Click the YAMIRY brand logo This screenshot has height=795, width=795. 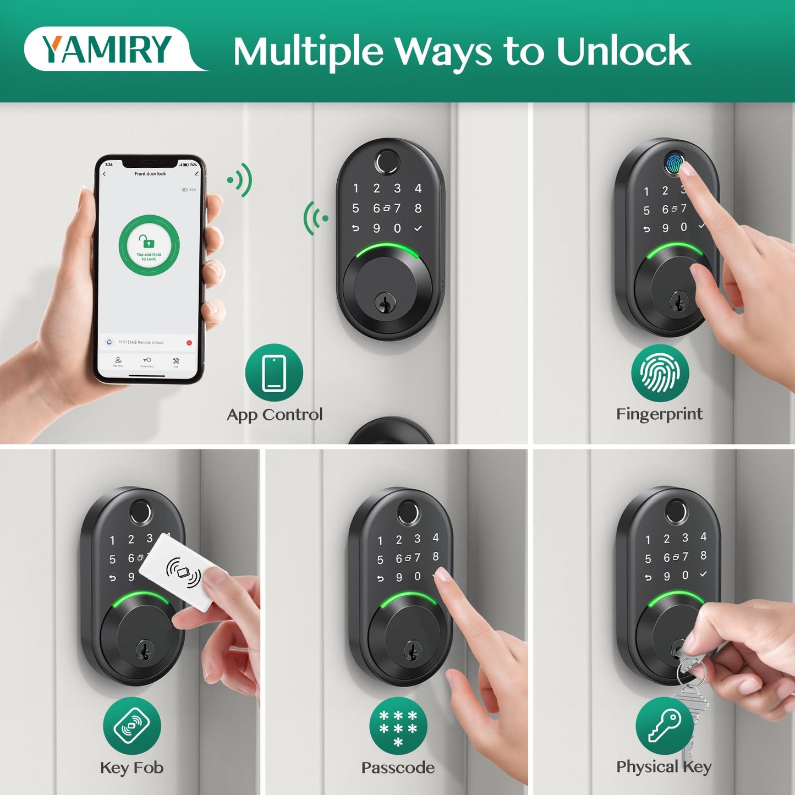[107, 49]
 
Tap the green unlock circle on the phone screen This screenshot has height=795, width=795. [149, 245]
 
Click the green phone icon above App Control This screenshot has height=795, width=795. [274, 372]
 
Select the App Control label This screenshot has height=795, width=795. [275, 414]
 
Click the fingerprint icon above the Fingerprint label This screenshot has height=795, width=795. [660, 373]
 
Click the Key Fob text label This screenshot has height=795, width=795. [131, 767]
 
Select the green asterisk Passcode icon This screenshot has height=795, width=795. [398, 726]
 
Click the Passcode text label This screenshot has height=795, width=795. [398, 767]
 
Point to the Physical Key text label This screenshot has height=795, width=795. [664, 766]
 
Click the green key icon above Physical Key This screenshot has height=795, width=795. [664, 726]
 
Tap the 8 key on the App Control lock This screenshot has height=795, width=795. [418, 209]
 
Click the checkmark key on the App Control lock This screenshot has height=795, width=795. [418, 228]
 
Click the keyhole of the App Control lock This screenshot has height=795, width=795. [385, 302]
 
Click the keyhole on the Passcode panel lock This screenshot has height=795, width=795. [412, 651]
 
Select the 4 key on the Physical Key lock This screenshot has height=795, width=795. [703, 536]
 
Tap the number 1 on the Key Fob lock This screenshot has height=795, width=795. [112, 540]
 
